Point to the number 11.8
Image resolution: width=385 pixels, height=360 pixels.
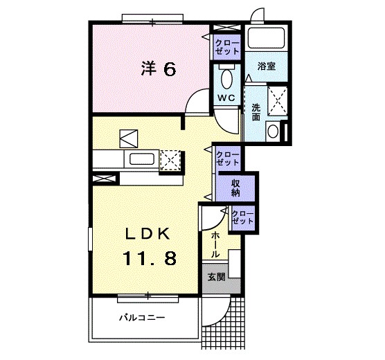click(150, 258)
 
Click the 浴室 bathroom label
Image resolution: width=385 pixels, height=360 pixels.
click(267, 67)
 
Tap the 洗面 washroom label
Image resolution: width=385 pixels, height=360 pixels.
click(256, 111)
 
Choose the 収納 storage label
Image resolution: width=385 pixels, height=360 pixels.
click(236, 186)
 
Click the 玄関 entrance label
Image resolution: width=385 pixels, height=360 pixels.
click(216, 277)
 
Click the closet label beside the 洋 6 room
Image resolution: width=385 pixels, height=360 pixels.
click(227, 46)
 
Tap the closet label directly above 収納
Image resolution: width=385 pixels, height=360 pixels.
click(228, 158)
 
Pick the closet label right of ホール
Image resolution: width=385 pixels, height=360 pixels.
click(242, 217)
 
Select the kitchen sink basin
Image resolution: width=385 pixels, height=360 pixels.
click(143, 160)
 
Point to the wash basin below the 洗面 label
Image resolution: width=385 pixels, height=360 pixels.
click(274, 131)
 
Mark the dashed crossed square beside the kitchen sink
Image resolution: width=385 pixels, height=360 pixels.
click(170, 159)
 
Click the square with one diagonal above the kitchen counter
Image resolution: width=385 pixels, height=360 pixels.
click(129, 138)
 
